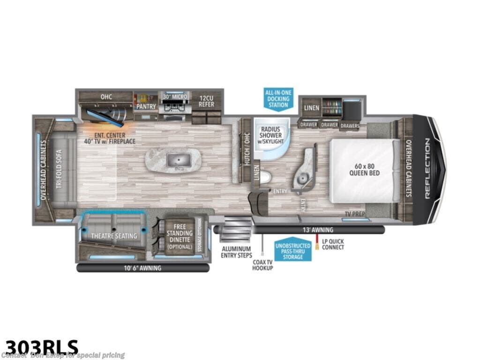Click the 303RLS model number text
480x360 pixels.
click(39, 346)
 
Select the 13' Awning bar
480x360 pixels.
click(319, 230)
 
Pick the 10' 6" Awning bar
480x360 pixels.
click(143, 268)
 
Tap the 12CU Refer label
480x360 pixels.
click(206, 100)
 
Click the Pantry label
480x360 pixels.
click(146, 106)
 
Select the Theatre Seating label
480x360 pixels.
click(114, 235)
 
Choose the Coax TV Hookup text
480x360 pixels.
click(262, 265)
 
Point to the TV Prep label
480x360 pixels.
click(355, 213)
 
